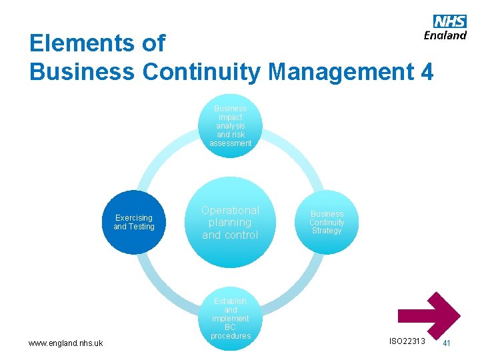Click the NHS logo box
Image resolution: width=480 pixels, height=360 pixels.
[x=450, y=21]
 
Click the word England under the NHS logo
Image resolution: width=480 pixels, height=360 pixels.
[x=445, y=35]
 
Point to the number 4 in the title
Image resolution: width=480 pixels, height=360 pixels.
[x=427, y=71]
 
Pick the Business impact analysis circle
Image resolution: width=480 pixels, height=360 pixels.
[x=230, y=125]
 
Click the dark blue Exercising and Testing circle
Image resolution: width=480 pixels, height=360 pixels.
[x=134, y=222]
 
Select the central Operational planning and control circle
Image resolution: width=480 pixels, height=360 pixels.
[x=230, y=223]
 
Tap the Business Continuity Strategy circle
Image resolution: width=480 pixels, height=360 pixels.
[x=327, y=222]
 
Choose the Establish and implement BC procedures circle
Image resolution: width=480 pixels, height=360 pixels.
[x=230, y=319]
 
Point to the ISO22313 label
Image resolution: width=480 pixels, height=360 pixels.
[x=406, y=341]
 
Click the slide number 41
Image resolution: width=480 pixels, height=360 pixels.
[x=447, y=343]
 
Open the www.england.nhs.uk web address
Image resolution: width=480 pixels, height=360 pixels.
[x=65, y=343]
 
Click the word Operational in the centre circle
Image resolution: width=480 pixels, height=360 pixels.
[x=230, y=210]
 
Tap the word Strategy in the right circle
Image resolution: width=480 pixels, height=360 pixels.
[x=327, y=231]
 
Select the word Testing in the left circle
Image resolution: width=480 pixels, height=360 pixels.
[x=141, y=227]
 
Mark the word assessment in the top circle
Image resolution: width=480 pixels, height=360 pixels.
[x=230, y=143]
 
